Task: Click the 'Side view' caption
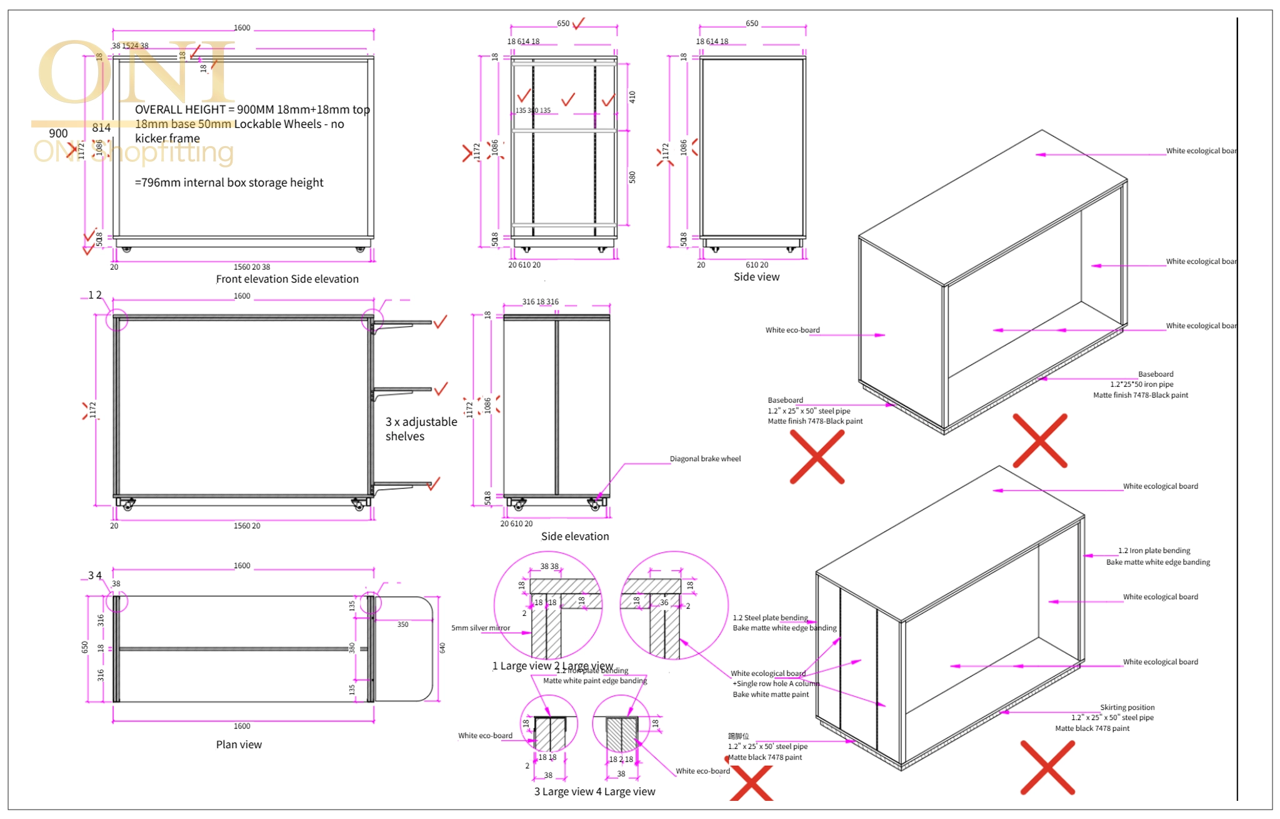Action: point(756,277)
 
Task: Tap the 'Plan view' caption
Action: point(239,744)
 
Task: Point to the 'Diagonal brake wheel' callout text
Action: point(705,459)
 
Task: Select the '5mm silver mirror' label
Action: point(481,628)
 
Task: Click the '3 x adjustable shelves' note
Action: point(421,429)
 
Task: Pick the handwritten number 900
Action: point(58,133)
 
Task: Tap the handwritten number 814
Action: point(101,127)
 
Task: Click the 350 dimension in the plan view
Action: point(402,624)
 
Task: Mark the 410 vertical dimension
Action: point(632,97)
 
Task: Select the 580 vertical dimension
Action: point(632,177)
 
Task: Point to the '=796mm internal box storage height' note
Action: point(229,182)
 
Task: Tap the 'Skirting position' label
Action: point(1127,707)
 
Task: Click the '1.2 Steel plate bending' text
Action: point(770,617)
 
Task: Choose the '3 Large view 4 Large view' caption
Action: point(594,792)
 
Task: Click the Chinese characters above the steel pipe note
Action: point(738,736)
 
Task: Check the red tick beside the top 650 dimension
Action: point(579,23)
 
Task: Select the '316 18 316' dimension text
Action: point(541,302)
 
